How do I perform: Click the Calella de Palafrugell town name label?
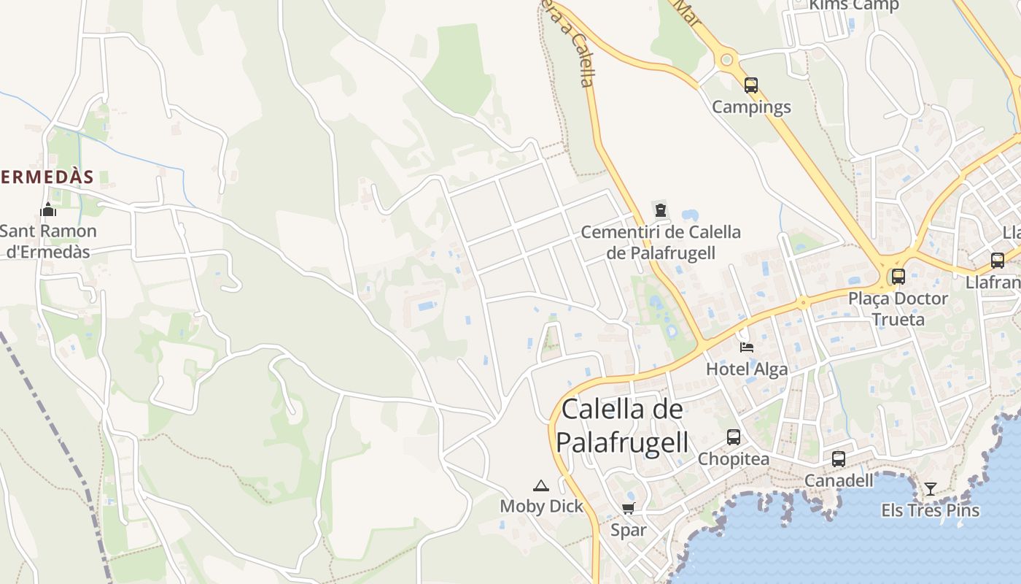coord(623,425)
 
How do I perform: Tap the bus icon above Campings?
coord(751,85)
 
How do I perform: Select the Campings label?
coord(751,107)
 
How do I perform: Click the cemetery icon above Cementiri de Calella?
coord(661,211)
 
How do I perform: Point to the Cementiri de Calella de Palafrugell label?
coord(661,242)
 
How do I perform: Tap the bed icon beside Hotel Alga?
coord(746,347)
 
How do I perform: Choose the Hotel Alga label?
coord(747,369)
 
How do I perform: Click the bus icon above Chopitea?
coord(734,437)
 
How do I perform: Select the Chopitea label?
coord(734,459)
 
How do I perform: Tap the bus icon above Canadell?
coord(839,459)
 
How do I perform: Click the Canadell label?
coord(839,480)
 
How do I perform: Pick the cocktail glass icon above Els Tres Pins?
coord(931,488)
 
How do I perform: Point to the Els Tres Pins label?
coord(931,510)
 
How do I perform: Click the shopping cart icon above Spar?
coord(629,508)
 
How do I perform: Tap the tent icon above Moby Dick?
coord(541,485)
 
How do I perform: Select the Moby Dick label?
coord(541,507)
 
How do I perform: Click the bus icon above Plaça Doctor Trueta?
coord(898,277)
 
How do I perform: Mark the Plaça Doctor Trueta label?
coord(898,309)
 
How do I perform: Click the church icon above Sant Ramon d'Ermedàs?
coord(48,210)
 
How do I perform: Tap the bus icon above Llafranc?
coord(998,260)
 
